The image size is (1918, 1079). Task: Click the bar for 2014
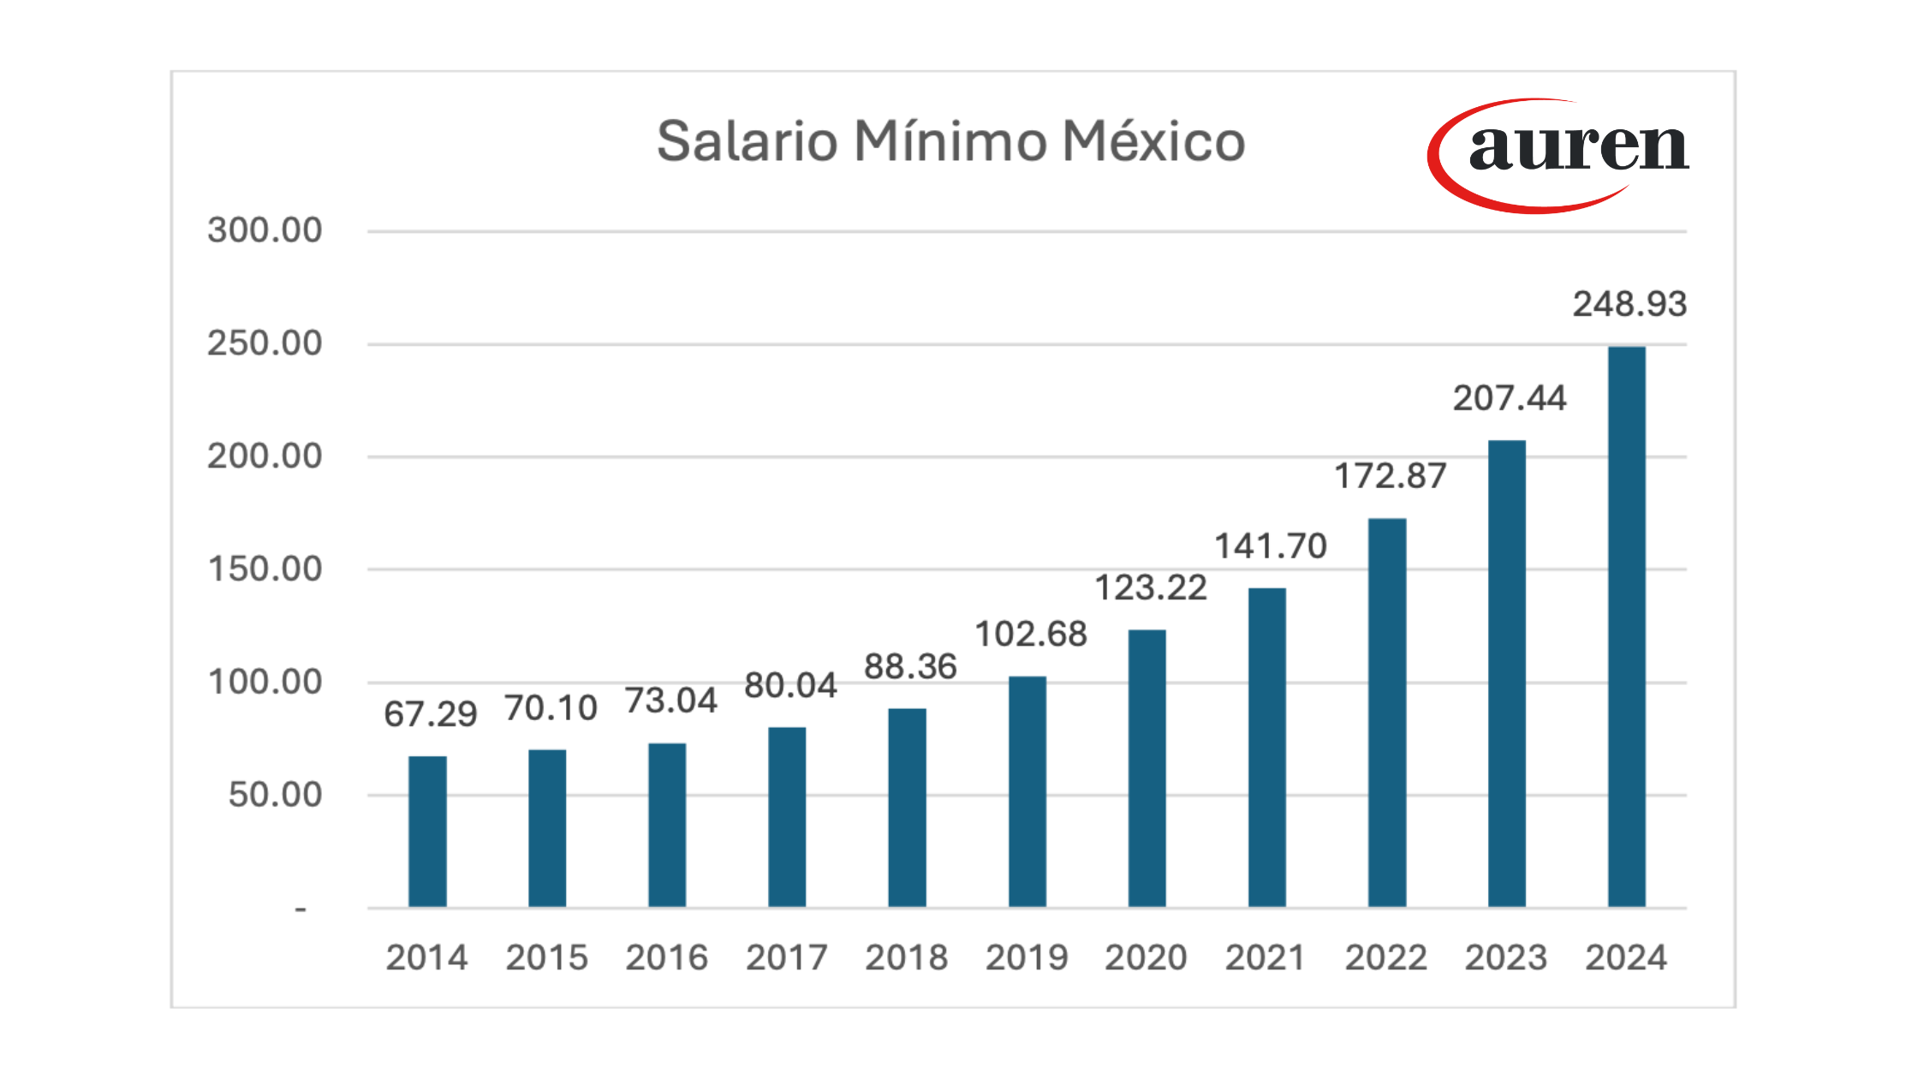[427, 831]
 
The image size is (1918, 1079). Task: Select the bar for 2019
[1027, 791]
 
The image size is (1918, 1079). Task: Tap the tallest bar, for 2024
[1626, 626]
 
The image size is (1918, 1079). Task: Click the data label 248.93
[1629, 304]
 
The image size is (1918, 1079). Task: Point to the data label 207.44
[1510, 398]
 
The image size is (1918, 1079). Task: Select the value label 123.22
[1151, 587]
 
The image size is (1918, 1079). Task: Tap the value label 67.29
[430, 713]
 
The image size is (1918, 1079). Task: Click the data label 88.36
[910, 666]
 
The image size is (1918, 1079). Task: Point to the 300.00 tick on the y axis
[265, 230]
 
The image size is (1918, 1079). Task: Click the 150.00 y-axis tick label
[265, 569]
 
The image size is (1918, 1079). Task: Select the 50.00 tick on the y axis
[275, 795]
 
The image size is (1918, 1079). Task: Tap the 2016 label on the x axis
[666, 957]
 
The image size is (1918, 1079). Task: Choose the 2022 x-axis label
[1385, 957]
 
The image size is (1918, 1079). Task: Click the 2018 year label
[906, 957]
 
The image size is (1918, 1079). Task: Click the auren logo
[1558, 154]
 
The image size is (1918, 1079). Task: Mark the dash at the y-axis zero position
[301, 909]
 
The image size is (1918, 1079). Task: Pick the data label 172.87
[1391, 476]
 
